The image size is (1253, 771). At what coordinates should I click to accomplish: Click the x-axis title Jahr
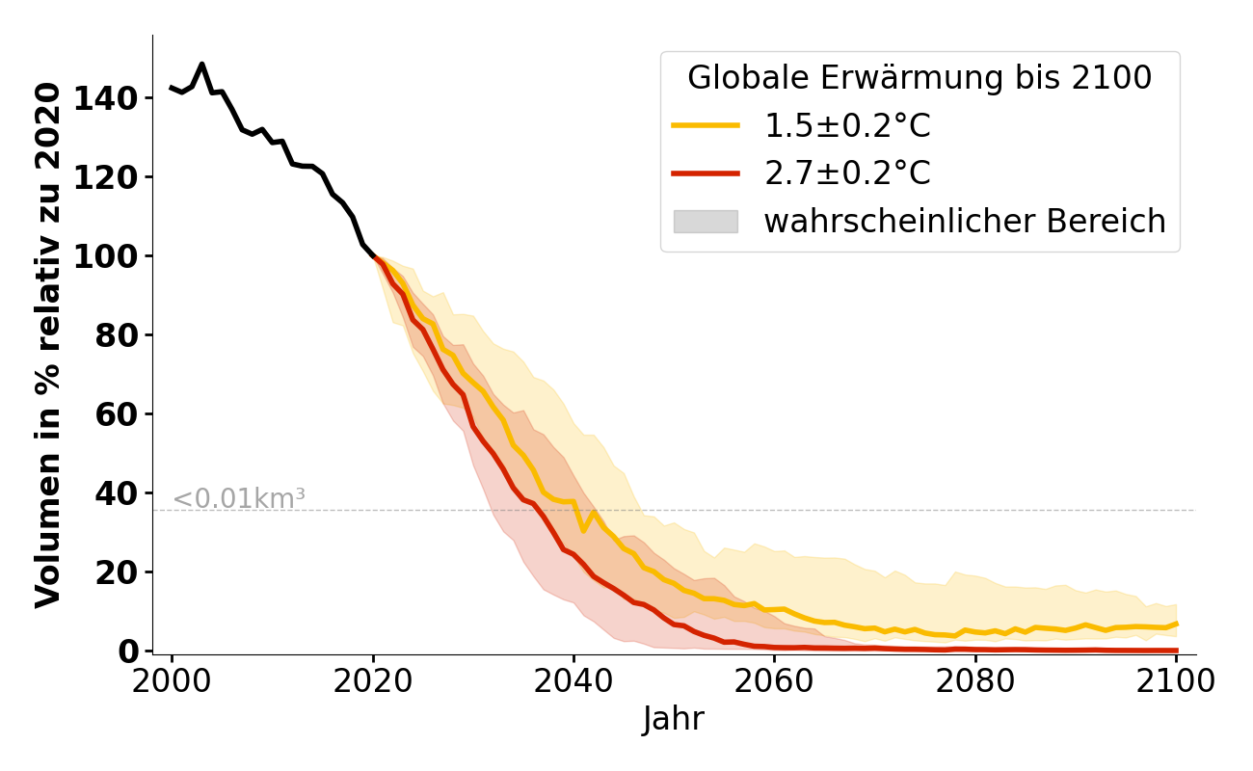point(674,719)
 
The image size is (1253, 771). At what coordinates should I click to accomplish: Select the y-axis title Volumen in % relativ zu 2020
point(48,345)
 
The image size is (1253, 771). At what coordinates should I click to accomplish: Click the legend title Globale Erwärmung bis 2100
point(920,78)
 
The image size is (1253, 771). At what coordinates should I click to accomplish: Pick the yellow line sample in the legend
point(706,125)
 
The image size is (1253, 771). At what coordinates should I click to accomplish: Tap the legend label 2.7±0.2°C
point(847,173)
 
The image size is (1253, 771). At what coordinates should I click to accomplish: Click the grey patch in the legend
point(706,222)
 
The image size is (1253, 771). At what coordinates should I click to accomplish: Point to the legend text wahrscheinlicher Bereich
point(965,222)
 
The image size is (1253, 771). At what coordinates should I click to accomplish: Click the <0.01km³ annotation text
point(238,499)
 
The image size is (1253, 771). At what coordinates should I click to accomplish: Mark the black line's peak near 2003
point(200,65)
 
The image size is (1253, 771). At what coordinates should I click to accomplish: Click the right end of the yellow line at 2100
point(1176,624)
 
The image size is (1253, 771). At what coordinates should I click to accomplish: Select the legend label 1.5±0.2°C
point(847,125)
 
